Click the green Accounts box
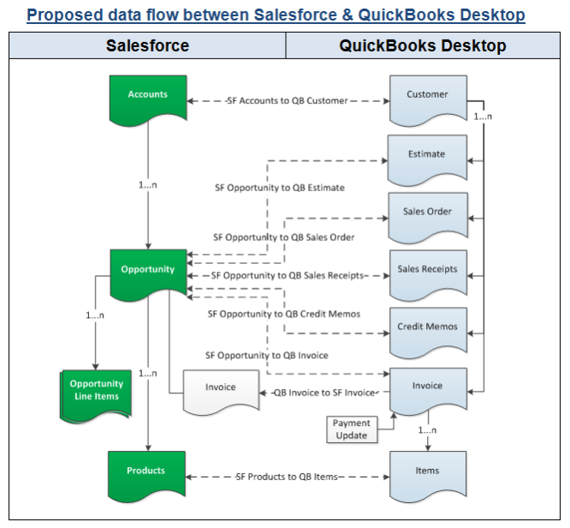[x=148, y=97]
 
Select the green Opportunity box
[x=148, y=271]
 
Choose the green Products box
[x=148, y=472]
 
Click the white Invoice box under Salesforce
[x=220, y=388]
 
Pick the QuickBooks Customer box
[x=427, y=96]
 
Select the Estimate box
[x=427, y=155]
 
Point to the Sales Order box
[x=427, y=213]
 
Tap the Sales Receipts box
[x=427, y=270]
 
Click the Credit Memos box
[x=427, y=328]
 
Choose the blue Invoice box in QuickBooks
[x=427, y=387]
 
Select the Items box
[x=427, y=471]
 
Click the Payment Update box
[x=351, y=429]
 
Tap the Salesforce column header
[x=147, y=46]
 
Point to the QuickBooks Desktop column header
[x=423, y=46]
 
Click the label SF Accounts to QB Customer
[x=287, y=101]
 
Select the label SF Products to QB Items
[x=287, y=477]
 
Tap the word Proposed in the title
[x=65, y=15]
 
